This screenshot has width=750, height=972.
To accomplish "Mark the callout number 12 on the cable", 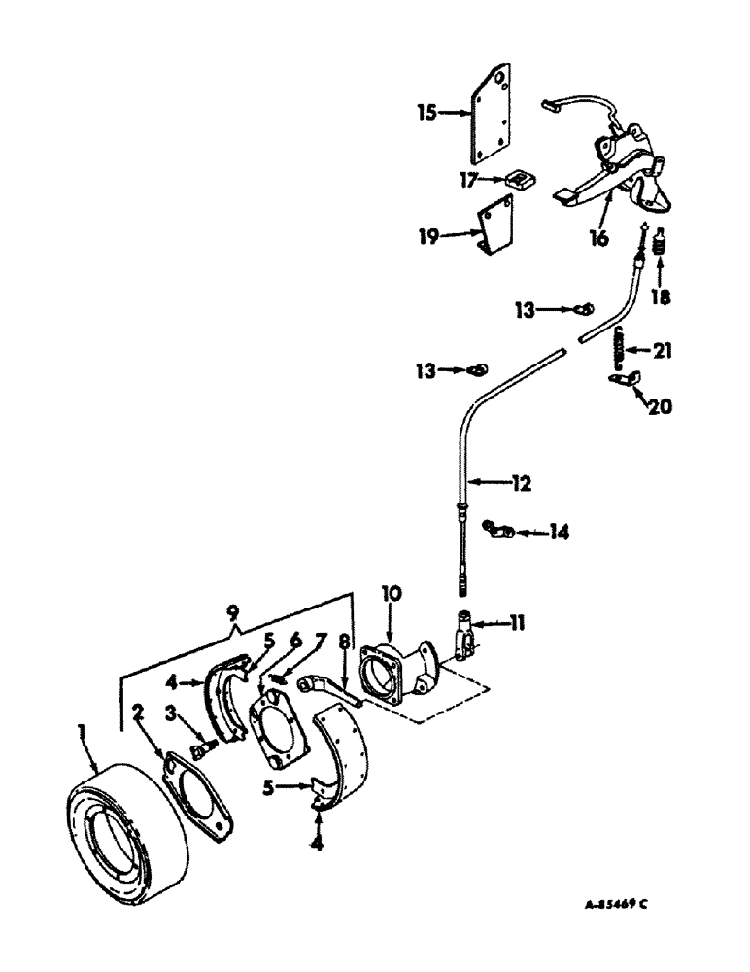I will [523, 481].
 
